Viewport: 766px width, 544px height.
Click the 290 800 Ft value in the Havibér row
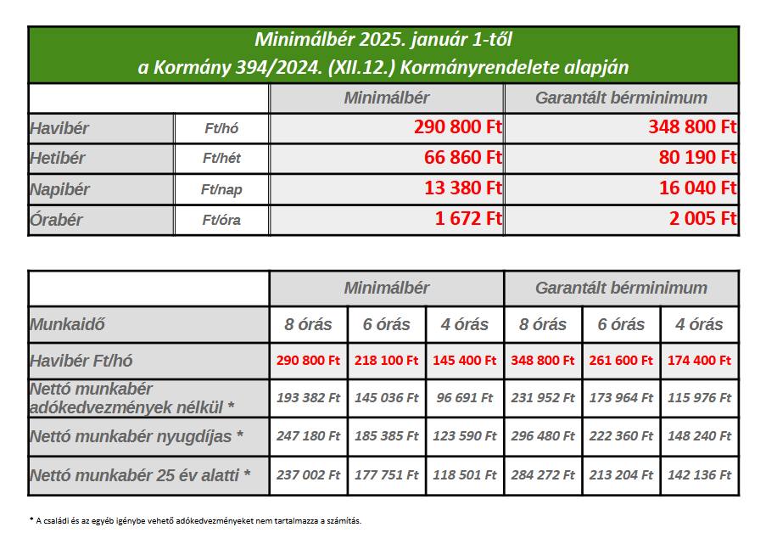[458, 128]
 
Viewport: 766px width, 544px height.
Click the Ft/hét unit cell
[222, 158]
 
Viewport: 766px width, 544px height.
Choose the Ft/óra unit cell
[222, 220]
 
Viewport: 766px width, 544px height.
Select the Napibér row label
[60, 188]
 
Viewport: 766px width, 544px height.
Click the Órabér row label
[56, 220]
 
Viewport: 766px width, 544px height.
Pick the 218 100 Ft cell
[387, 360]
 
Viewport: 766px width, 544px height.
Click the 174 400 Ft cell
[699, 360]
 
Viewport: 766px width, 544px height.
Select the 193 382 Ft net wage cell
[309, 396]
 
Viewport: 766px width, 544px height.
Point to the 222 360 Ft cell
[621, 435]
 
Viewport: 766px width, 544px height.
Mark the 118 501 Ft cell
[465, 475]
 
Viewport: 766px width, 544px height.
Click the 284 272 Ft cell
[543, 475]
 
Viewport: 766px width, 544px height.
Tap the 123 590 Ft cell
[465, 435]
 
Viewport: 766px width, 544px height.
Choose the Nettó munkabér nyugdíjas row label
[137, 436]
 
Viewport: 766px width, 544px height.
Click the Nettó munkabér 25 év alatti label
[140, 475]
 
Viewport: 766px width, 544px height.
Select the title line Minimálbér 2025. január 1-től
[383, 39]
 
